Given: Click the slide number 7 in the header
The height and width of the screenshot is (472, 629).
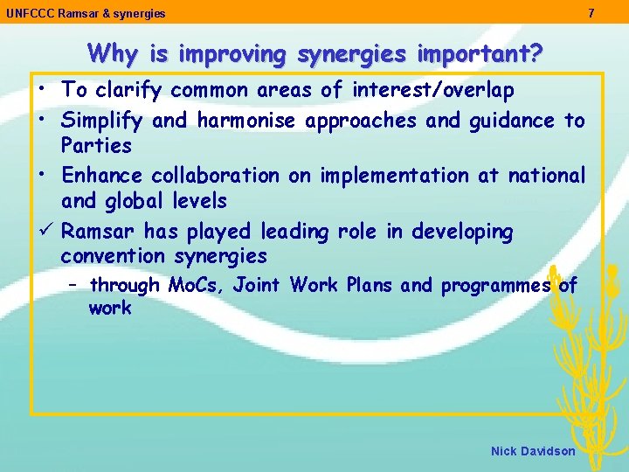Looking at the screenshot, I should coord(591,13).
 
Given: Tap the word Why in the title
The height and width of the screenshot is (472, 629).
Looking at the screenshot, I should coord(112,54).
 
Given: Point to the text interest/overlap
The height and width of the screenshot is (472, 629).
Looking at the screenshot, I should coord(432,90).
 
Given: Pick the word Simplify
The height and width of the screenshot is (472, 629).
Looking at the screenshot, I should coord(95,121).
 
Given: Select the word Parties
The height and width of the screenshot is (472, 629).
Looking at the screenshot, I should coord(96,146).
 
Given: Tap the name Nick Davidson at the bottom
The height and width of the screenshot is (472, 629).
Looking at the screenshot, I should coord(533,451).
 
